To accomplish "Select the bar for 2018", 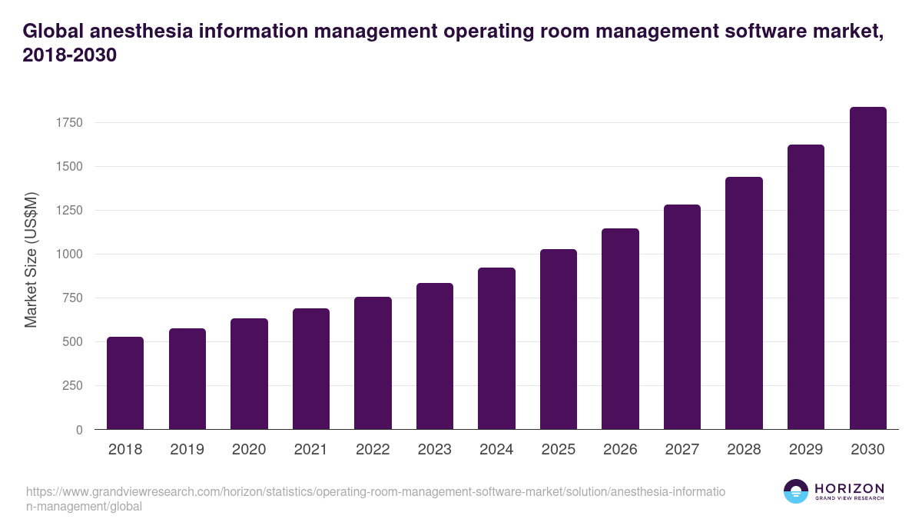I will coord(125,383).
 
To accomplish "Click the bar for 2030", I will coord(867,268).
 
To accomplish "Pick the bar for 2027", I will coord(682,317).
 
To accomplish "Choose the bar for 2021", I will coord(311,369).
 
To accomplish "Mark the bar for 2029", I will coord(806,287).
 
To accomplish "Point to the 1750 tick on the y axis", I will coord(68,122).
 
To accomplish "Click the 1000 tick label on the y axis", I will coord(68,255).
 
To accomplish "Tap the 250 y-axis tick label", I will coord(72,386).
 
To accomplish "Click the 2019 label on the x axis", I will coord(187,450).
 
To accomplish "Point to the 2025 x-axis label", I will coord(558,450).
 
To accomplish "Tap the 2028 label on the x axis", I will coord(744,450).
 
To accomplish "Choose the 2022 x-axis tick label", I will coord(373,450).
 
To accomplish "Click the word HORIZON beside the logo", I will coord(849,488).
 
